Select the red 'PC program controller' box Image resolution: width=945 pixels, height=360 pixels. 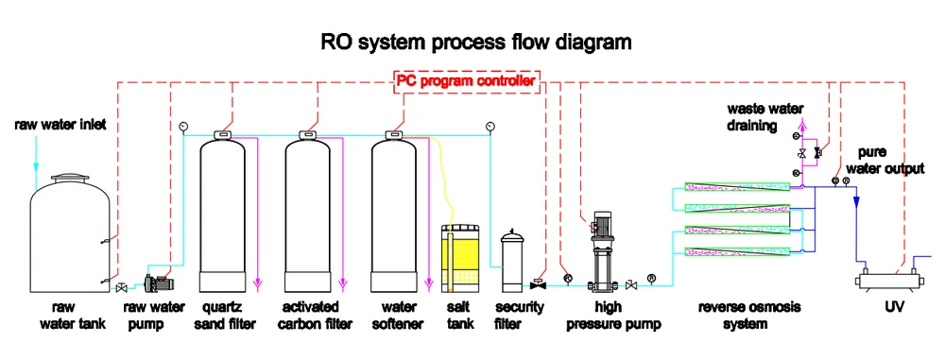(x=465, y=81)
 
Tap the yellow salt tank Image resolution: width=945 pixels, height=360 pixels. (x=464, y=258)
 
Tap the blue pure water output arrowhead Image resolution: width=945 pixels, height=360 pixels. (x=856, y=201)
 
